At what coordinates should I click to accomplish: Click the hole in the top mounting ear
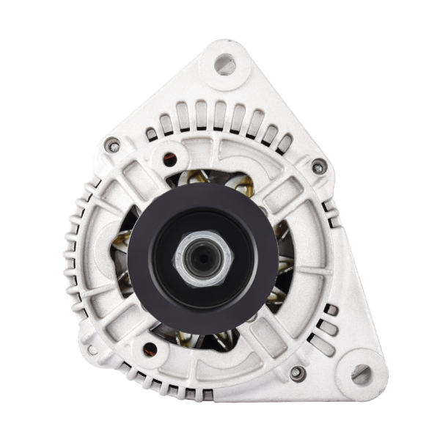pos(224,65)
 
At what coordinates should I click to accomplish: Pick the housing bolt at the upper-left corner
pos(112,145)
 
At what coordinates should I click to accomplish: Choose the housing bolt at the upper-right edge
pos(319,166)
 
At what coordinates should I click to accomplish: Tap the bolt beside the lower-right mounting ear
pos(297,373)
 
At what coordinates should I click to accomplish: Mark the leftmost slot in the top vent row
pos(151,135)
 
